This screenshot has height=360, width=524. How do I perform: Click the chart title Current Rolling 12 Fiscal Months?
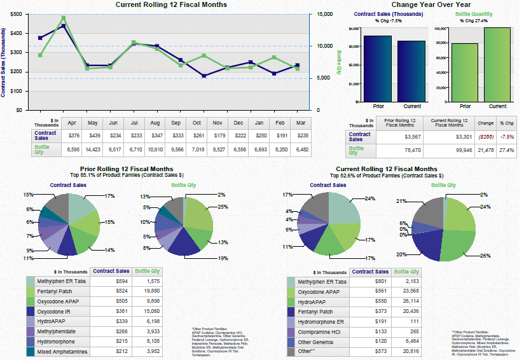coord(171,5)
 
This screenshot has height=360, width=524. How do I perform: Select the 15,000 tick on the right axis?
coord(324,14)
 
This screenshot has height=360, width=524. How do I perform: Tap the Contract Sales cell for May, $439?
coord(92,135)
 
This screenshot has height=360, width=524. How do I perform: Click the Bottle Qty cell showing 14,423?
coord(92,149)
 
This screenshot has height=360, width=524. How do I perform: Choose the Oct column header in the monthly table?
coord(197,123)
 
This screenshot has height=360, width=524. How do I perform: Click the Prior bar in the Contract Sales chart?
coord(377,69)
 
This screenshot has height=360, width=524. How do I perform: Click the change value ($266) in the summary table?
coord(485,136)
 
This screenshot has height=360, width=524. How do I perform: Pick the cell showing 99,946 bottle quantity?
coord(456,150)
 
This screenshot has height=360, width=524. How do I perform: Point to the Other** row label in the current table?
coord(307,350)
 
